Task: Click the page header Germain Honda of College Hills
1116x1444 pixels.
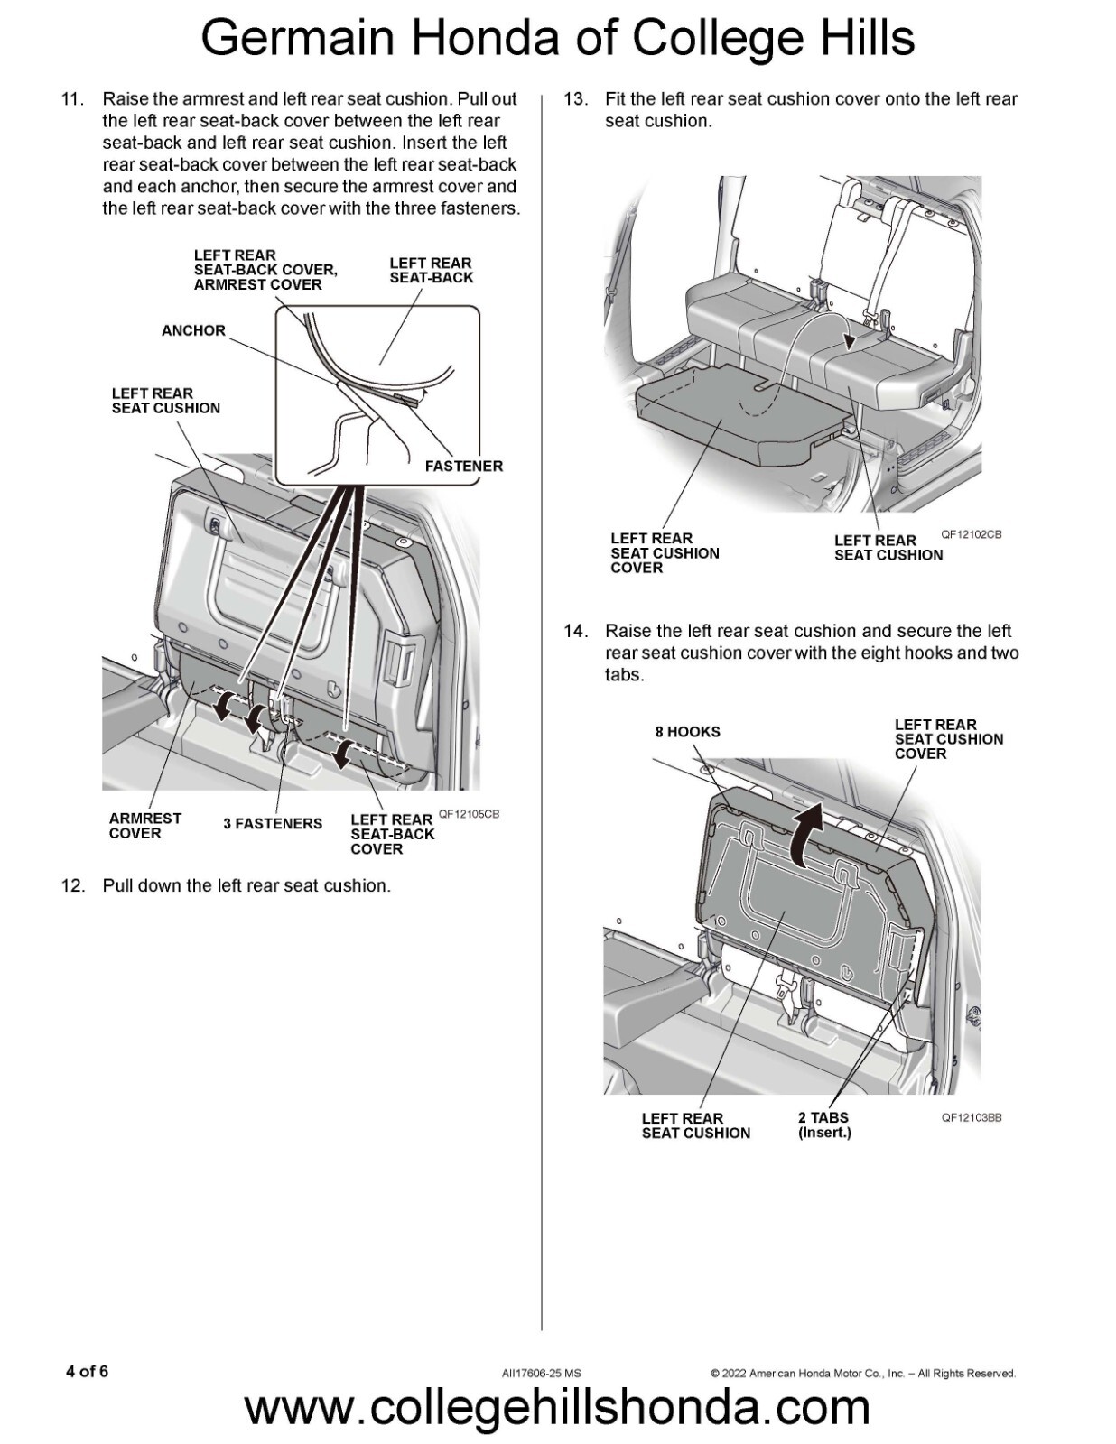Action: pyautogui.click(x=557, y=38)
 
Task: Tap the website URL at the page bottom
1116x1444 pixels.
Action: pyautogui.click(x=557, y=1407)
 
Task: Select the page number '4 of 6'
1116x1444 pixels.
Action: pyautogui.click(x=87, y=1372)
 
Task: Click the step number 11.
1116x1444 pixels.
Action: pyautogui.click(x=72, y=99)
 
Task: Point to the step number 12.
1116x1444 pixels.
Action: pyautogui.click(x=72, y=885)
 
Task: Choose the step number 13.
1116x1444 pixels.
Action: pyautogui.click(x=575, y=99)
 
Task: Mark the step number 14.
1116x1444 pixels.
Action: pyautogui.click(x=575, y=631)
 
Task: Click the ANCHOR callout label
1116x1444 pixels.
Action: pyautogui.click(x=193, y=330)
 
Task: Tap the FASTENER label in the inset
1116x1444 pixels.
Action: pyautogui.click(x=463, y=466)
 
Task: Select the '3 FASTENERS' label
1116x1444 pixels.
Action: pyautogui.click(x=273, y=823)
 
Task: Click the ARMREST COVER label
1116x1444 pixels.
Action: pyautogui.click(x=144, y=826)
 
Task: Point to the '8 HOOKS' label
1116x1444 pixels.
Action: pyautogui.click(x=687, y=732)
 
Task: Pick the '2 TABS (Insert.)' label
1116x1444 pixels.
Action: pyautogui.click(x=823, y=1125)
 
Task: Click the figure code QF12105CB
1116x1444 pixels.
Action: pyautogui.click(x=469, y=814)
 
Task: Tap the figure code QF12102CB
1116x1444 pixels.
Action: pyautogui.click(x=971, y=534)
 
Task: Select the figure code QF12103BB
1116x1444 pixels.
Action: pyautogui.click(x=971, y=1117)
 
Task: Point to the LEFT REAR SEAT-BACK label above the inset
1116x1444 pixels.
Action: pyautogui.click(x=431, y=270)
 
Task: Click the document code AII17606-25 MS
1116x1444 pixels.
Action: pyautogui.click(x=541, y=1374)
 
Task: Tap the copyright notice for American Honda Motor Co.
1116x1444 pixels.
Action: pyautogui.click(x=862, y=1374)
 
